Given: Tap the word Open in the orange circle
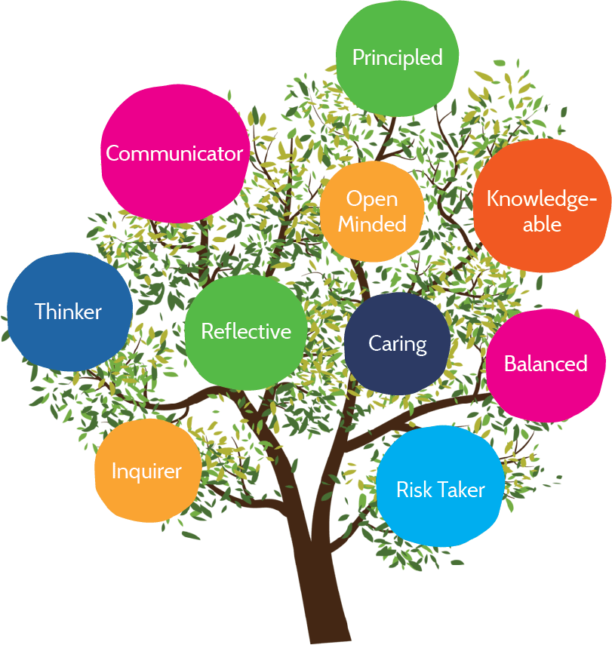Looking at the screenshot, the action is tap(372, 199).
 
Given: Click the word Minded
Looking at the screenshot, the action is tap(372, 224).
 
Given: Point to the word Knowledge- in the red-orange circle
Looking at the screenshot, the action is tap(542, 199).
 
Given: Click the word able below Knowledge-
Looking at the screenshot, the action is tap(542, 224).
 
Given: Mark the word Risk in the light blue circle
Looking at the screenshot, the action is tap(414, 490).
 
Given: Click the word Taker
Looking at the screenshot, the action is tap(462, 490).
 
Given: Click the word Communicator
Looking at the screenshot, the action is tap(174, 154).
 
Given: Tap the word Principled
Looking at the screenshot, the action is tap(397, 58).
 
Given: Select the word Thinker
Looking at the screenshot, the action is tap(69, 312).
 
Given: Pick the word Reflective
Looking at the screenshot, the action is tap(246, 332).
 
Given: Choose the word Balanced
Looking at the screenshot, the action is tap(546, 364).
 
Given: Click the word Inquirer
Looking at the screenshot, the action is tap(147, 472).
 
